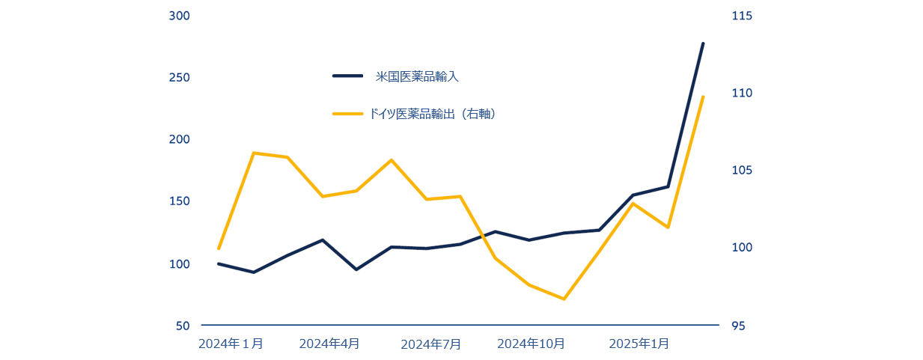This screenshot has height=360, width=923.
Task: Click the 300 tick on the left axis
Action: tap(180, 16)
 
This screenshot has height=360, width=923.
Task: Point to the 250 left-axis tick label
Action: tap(180, 78)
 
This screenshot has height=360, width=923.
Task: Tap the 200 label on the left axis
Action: tap(180, 140)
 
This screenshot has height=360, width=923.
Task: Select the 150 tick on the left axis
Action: tap(180, 202)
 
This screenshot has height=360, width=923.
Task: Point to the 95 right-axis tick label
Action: tap(738, 326)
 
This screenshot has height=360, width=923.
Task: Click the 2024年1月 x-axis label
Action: tap(231, 344)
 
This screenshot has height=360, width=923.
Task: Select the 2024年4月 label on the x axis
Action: tap(329, 344)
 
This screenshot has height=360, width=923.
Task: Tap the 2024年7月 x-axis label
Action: tap(431, 344)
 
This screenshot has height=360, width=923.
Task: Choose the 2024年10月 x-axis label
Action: tap(531, 344)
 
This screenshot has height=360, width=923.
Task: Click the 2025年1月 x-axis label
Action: tap(639, 344)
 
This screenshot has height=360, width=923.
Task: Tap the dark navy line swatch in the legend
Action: tap(347, 76)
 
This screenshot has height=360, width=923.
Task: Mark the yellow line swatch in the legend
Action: tap(347, 114)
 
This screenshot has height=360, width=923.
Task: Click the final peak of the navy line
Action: tap(703, 43)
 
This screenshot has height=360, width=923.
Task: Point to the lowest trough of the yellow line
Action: tap(564, 299)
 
